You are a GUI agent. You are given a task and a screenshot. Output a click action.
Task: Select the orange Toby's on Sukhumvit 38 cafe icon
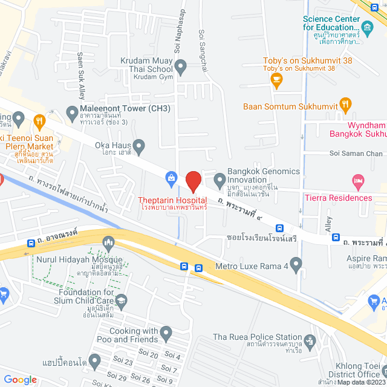click(x=276, y=80)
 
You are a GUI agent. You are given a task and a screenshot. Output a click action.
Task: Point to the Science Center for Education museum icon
click(x=368, y=26)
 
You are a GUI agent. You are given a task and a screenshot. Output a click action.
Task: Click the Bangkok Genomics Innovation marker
click(x=220, y=179)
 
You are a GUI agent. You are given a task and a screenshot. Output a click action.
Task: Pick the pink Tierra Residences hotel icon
click(x=358, y=181)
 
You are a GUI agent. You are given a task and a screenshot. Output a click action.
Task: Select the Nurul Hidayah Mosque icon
click(x=109, y=243)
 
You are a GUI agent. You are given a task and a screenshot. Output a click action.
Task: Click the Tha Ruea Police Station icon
click(x=310, y=340)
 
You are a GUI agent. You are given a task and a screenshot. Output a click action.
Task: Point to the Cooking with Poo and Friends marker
click(x=167, y=332)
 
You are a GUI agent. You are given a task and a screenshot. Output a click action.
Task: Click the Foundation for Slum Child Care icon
click(x=122, y=301)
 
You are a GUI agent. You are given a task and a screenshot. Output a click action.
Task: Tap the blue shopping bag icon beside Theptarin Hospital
click(x=172, y=178)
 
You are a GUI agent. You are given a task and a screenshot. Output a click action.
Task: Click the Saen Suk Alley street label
click(x=80, y=76)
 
